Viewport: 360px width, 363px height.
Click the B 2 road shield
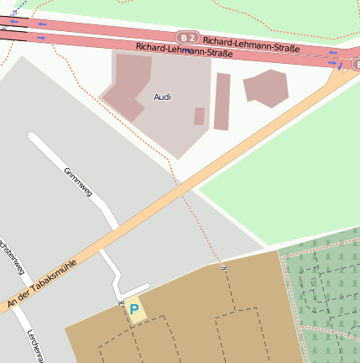187,38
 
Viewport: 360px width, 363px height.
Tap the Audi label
163,97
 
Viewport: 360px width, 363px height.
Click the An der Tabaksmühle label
44,278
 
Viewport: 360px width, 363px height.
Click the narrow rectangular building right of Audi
222,101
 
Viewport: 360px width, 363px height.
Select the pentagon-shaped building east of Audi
266,87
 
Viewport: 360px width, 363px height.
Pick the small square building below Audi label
199,116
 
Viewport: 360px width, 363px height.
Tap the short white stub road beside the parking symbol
135,291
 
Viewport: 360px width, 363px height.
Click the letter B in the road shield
184,38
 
